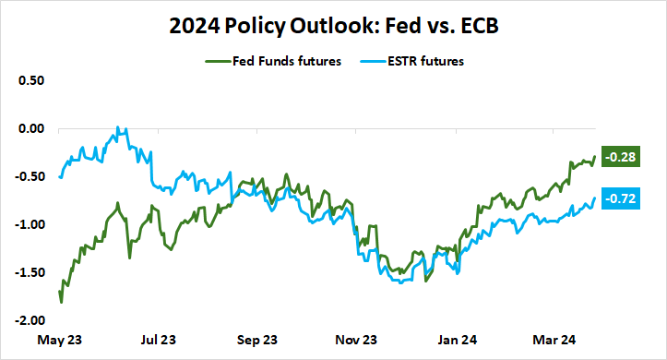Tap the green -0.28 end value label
click(x=615, y=157)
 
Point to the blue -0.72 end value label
click(x=615, y=198)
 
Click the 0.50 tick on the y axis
click(x=30, y=80)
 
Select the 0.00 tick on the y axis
click(x=30, y=128)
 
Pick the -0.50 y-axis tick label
click(x=29, y=176)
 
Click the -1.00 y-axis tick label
click(x=29, y=224)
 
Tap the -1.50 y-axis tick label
click(x=29, y=272)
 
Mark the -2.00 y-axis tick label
click(x=29, y=320)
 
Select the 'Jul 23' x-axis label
click(x=158, y=339)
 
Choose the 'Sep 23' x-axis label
click(x=257, y=339)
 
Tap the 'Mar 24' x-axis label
click(x=553, y=339)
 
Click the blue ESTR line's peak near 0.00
click(x=118, y=128)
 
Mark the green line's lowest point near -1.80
click(x=61, y=302)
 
